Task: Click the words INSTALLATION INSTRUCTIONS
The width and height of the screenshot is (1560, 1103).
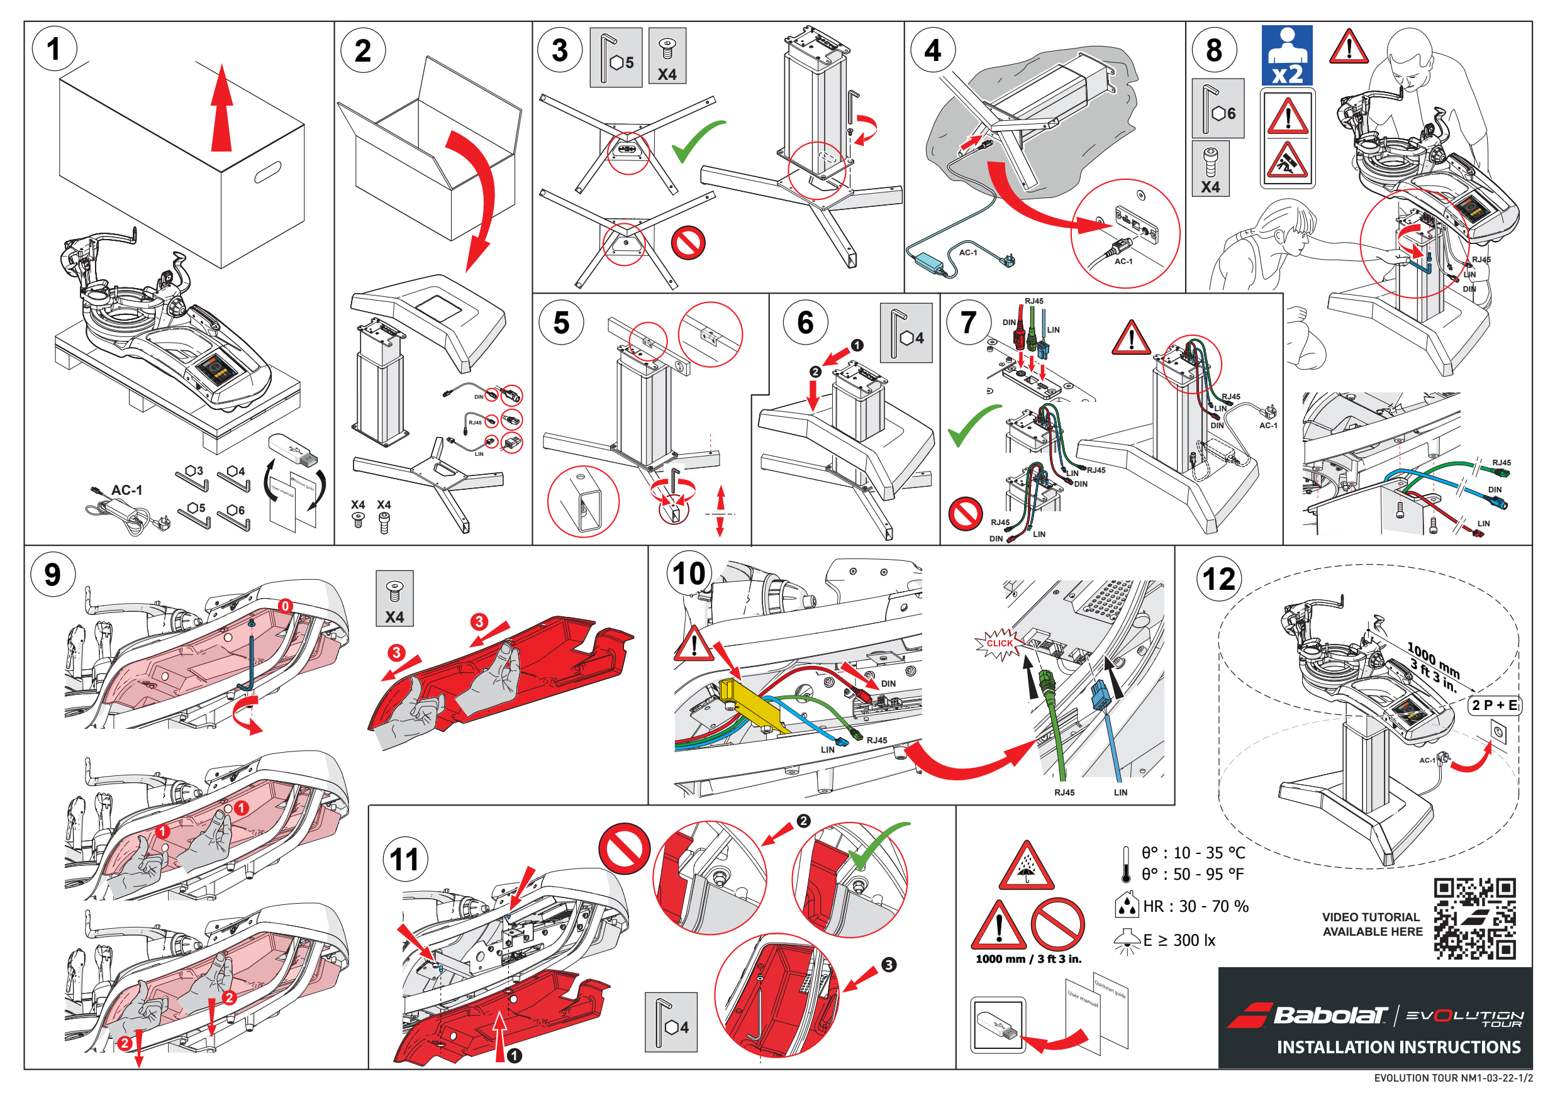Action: tap(1398, 1047)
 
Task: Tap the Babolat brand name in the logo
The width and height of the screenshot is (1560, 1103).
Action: tap(1330, 1015)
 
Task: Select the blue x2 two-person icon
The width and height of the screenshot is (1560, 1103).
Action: tap(1287, 56)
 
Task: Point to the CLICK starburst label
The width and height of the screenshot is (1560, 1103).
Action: tap(1000, 643)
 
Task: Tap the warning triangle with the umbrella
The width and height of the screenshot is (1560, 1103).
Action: tap(1027, 868)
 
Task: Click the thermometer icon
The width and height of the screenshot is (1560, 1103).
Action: tap(1126, 864)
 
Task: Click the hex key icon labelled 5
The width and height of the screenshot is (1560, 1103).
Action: tap(616, 58)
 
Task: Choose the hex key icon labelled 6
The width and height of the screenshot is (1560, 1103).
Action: tap(1218, 109)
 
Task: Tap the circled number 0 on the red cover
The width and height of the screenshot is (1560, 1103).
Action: tap(286, 606)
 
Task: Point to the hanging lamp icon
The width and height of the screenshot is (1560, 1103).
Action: tap(1126, 941)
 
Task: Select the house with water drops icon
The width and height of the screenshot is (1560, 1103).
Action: tap(1127, 903)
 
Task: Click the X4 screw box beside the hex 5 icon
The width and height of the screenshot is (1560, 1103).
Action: tap(667, 56)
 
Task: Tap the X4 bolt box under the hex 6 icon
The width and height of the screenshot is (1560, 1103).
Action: tap(1211, 169)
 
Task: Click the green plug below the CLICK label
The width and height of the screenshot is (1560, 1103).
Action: tap(1046, 679)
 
